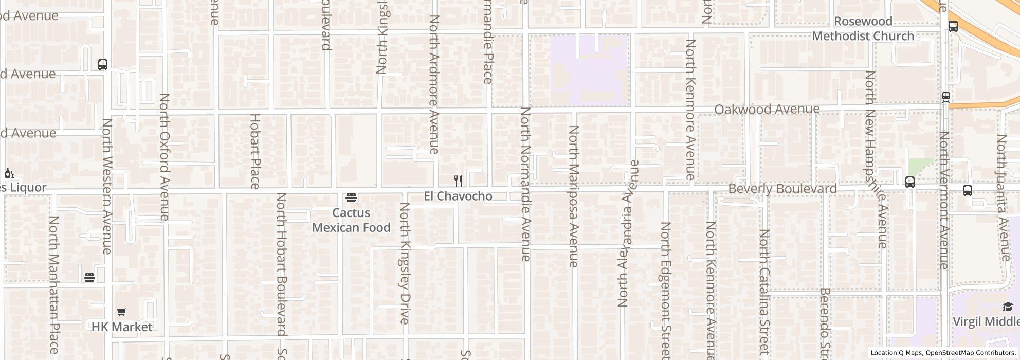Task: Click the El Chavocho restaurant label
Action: point(458,196)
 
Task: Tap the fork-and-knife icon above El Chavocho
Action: point(458,181)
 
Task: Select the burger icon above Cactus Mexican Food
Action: point(351,197)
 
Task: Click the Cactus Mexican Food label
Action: point(351,220)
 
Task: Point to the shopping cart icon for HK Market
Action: point(121,312)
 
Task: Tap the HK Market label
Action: point(122,327)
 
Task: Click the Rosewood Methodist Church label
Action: point(863,29)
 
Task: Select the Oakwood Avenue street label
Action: point(767,110)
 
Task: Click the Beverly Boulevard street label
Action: point(782,189)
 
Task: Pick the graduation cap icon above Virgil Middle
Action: point(1007,307)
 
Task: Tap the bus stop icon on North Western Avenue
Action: point(103,65)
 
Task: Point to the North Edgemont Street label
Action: point(666,291)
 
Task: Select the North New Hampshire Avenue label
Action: point(876,159)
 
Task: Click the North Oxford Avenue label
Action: point(165,157)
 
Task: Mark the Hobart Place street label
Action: point(255,151)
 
